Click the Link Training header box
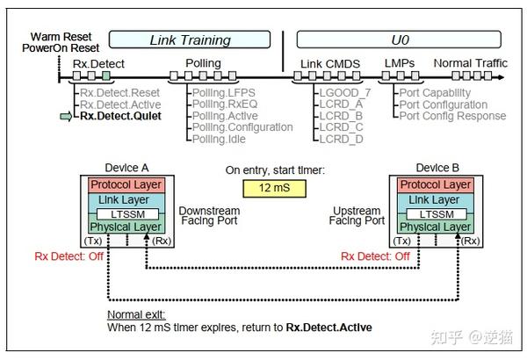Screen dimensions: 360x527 [x=191, y=40]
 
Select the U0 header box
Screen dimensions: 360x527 [x=400, y=40]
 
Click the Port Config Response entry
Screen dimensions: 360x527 [x=452, y=116]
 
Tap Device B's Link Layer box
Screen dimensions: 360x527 [x=434, y=201]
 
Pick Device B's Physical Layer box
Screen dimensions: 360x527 [x=434, y=227]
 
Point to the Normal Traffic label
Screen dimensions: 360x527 [x=470, y=64]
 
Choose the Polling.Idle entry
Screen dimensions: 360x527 [x=220, y=139]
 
